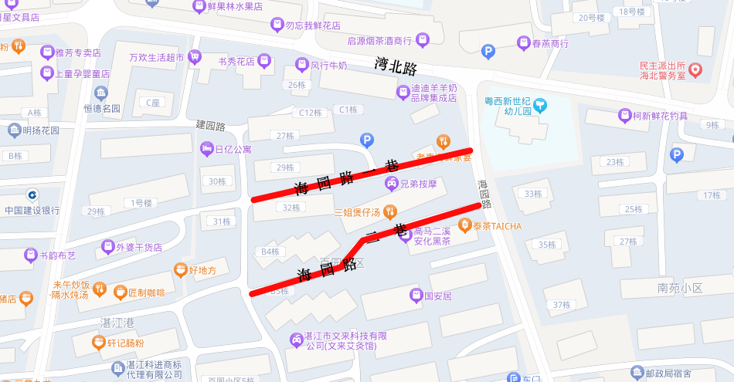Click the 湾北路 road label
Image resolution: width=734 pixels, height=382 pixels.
click(396, 66)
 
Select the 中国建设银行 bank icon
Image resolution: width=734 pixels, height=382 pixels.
click(32, 195)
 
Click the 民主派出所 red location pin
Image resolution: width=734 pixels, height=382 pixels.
click(695, 70)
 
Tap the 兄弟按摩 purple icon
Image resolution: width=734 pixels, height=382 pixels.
click(392, 184)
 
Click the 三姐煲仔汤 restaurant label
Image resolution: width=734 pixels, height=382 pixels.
click(357, 212)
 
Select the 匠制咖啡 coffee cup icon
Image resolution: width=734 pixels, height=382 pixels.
click(120, 292)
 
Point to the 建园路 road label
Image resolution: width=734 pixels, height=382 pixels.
click(210, 125)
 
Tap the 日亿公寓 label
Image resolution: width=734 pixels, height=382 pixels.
click(233, 150)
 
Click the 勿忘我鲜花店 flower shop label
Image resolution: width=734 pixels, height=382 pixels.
click(313, 25)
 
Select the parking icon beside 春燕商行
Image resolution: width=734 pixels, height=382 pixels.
click(488, 52)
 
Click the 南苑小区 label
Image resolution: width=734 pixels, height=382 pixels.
click(680, 288)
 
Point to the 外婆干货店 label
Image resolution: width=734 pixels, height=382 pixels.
click(139, 248)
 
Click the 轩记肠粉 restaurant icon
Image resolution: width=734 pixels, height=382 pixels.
click(98, 343)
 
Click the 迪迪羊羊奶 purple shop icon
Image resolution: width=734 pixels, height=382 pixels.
click(403, 93)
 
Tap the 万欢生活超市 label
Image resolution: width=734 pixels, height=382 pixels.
click(156, 57)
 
